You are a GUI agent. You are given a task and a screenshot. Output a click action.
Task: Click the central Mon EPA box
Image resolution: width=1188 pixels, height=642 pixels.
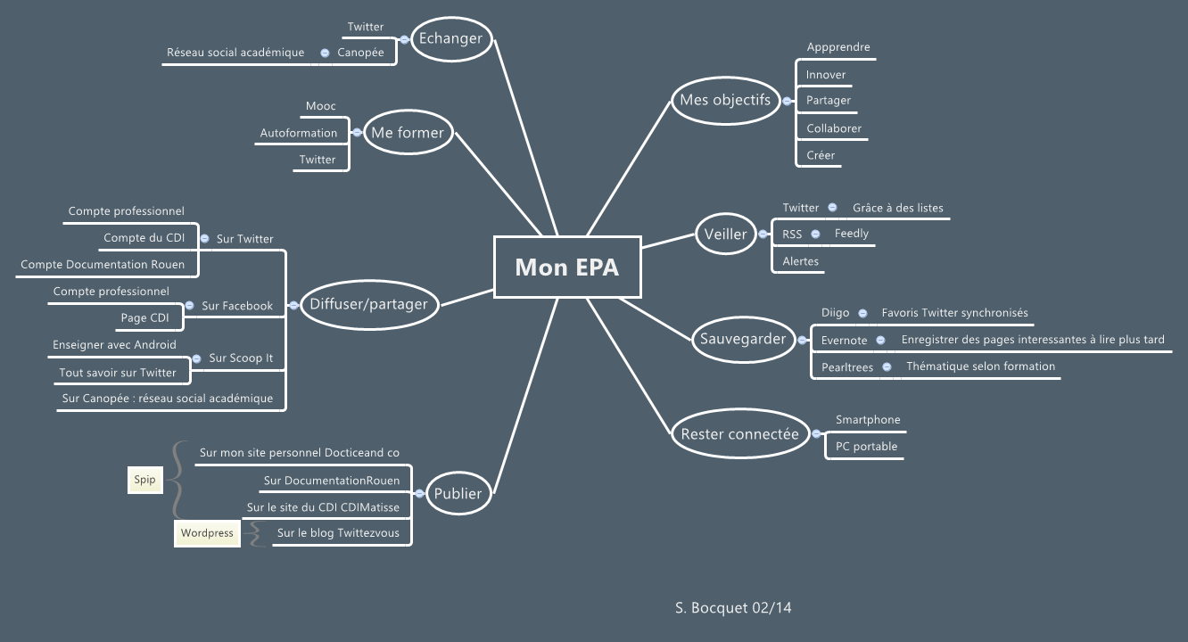click(567, 267)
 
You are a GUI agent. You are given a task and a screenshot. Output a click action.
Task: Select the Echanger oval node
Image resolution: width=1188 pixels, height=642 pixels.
click(450, 38)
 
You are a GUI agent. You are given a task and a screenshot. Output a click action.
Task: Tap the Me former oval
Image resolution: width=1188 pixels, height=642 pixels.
click(407, 133)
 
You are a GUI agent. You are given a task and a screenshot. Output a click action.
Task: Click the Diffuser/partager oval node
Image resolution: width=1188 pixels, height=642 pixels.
click(368, 304)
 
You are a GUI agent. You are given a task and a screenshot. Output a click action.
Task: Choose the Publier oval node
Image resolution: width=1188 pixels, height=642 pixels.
click(458, 493)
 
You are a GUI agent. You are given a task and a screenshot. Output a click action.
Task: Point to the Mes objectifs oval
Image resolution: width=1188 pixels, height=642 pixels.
click(725, 100)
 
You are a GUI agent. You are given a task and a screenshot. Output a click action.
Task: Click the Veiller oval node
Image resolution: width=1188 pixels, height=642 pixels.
click(725, 235)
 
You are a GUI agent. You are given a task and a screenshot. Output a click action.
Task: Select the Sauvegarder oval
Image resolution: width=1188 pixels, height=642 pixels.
click(743, 339)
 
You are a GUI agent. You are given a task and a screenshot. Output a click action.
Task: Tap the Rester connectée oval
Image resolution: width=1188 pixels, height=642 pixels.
click(739, 434)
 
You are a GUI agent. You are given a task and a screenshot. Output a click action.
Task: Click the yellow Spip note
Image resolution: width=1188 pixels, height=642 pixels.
click(144, 480)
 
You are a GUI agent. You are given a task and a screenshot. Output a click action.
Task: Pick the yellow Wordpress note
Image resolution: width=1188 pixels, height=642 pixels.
click(207, 533)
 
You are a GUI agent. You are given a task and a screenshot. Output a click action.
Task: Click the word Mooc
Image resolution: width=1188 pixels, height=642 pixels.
click(321, 106)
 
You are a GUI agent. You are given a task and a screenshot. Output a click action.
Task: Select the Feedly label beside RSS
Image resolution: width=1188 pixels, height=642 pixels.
click(851, 234)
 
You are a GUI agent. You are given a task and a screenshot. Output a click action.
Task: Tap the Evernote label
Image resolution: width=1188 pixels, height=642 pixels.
click(844, 340)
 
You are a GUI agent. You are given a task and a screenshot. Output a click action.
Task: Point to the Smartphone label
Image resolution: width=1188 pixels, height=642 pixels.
click(868, 420)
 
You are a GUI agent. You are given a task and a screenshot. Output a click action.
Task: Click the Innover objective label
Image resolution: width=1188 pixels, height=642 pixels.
click(826, 75)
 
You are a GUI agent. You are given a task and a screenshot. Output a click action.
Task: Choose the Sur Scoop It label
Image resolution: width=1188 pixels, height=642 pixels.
click(241, 358)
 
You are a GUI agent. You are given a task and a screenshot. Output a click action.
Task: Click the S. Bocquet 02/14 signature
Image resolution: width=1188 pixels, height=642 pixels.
click(733, 608)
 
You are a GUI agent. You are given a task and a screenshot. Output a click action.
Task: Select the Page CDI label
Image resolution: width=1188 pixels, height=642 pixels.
click(144, 317)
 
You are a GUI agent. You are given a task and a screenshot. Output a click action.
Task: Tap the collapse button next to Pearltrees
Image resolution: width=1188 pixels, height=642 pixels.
click(887, 366)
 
